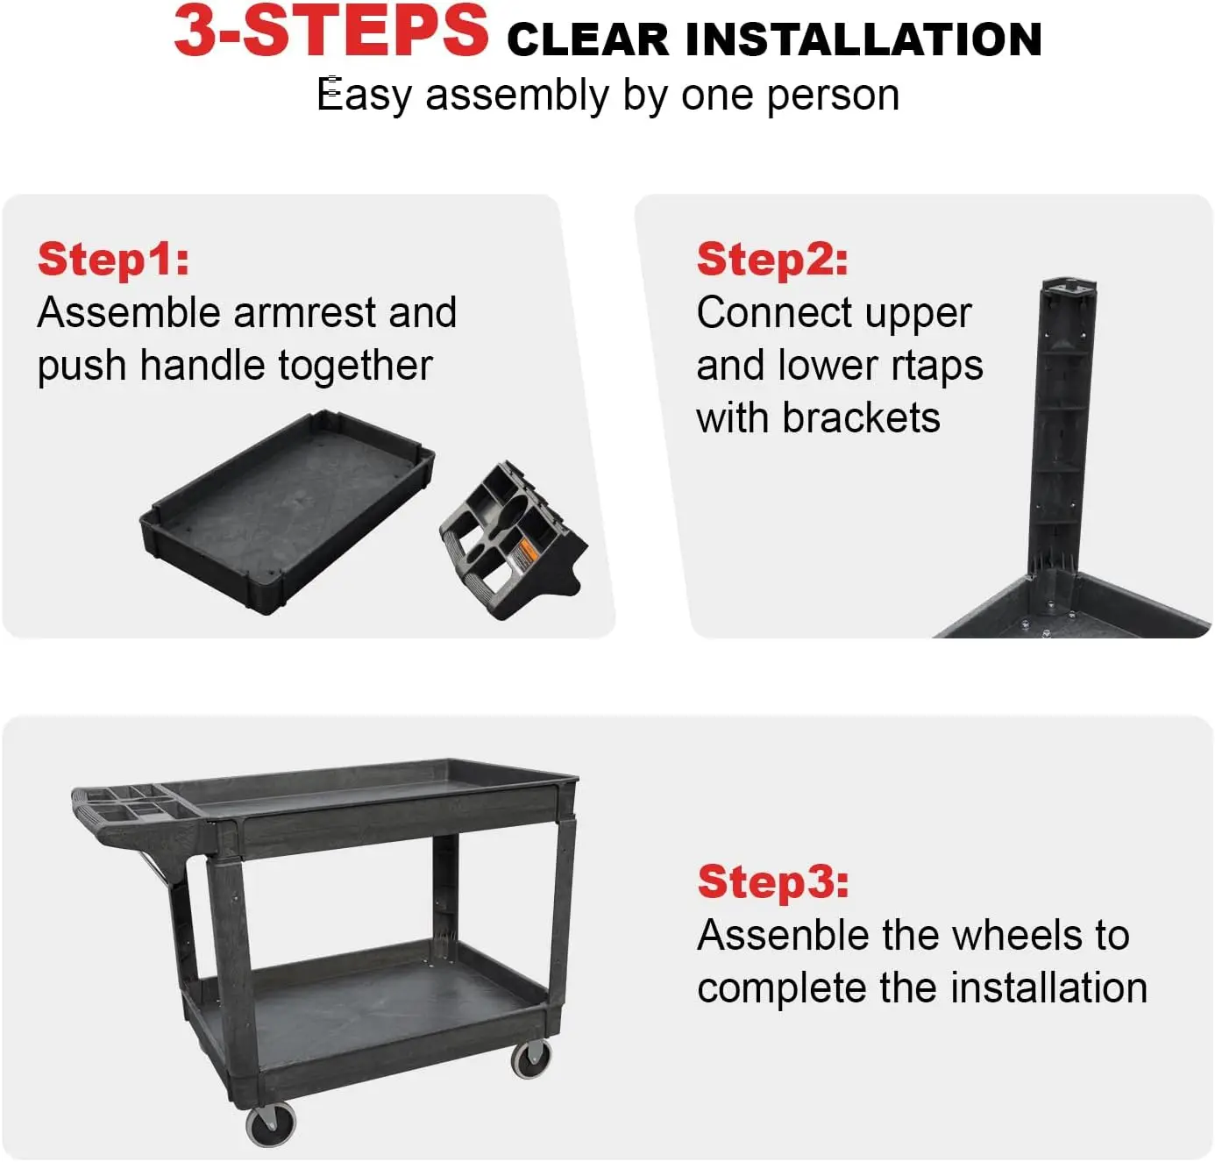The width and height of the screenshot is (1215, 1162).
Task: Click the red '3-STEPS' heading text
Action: [x=330, y=31]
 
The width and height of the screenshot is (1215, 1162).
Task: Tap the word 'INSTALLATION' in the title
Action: [x=863, y=39]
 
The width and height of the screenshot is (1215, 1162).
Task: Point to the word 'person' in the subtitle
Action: [x=833, y=96]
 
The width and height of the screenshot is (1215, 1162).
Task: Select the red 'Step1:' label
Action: [x=113, y=260]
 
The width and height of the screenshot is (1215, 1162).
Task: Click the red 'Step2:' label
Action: [x=772, y=260]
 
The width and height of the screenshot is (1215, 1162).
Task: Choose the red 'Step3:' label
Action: [x=773, y=882]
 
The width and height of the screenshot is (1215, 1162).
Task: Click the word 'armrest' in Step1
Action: [x=304, y=312]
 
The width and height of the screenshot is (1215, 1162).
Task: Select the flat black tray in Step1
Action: [x=287, y=512]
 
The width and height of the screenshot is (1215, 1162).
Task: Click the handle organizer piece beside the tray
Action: [x=513, y=541]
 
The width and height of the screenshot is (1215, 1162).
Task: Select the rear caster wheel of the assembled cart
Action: [x=530, y=1059]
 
